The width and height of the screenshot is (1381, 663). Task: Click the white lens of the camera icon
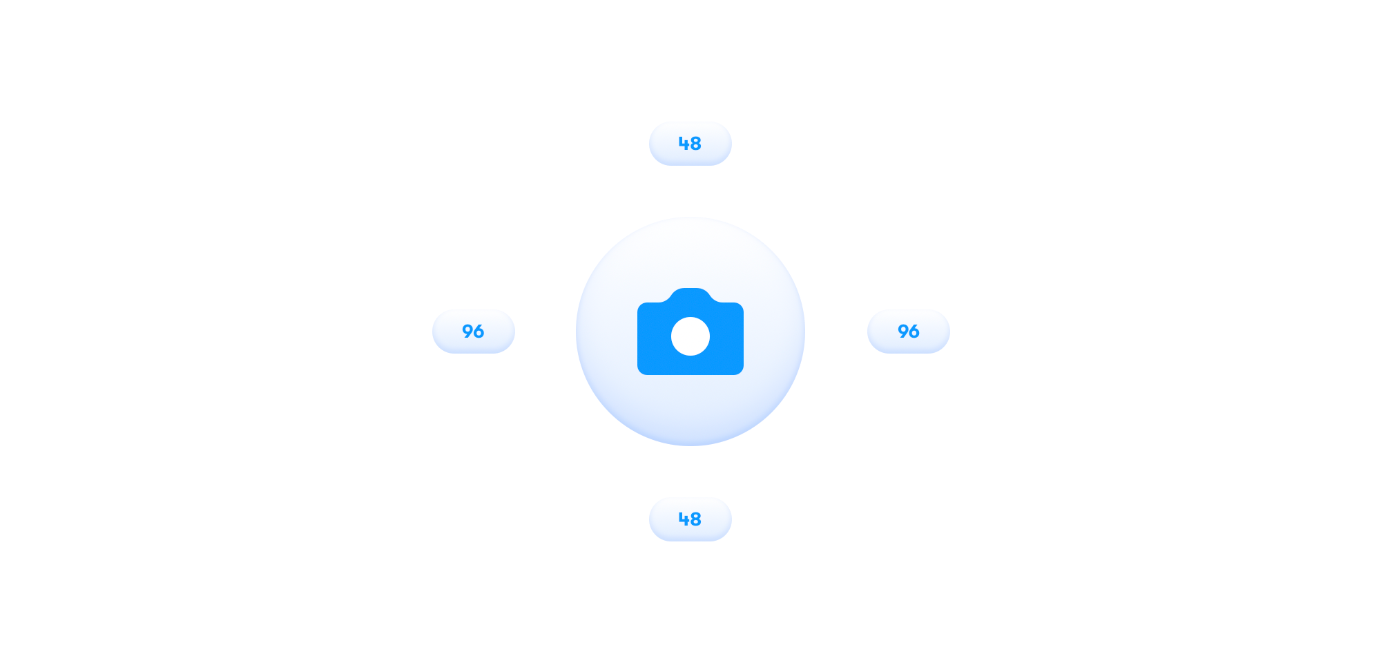(690, 336)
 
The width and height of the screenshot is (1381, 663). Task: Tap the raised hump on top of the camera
(690, 295)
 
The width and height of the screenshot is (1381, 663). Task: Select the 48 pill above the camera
(690, 144)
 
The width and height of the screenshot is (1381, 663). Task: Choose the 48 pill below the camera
(690, 519)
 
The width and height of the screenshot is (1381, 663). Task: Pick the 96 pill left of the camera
(474, 331)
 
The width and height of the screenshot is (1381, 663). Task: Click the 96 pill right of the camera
(909, 331)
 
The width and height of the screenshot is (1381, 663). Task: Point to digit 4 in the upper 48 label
(684, 144)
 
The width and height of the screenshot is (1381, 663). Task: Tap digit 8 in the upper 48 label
(696, 144)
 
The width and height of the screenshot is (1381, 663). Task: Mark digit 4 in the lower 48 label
(684, 519)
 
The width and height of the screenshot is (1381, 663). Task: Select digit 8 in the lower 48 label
(696, 519)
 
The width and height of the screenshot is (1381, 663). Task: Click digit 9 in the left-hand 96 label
(467, 331)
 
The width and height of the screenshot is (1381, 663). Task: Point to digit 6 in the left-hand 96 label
(479, 331)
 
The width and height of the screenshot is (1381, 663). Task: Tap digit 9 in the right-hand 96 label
(902, 331)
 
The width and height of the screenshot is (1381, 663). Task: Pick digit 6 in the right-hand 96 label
(914, 331)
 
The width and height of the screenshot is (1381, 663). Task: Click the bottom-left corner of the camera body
(639, 373)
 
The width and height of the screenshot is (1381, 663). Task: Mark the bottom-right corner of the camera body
(742, 373)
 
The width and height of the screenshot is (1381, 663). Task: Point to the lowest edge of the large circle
(690, 445)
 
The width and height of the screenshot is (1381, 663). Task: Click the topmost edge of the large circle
(690, 218)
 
